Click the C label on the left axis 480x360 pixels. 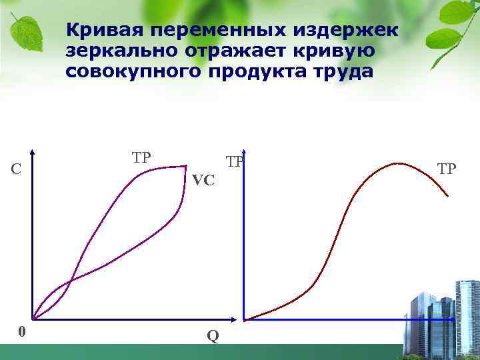coord(15,170)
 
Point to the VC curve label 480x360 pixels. coord(203,180)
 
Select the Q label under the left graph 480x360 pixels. coord(212,336)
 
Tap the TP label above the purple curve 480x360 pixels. coord(141,158)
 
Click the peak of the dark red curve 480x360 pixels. coord(397,163)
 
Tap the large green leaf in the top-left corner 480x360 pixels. coord(27,30)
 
